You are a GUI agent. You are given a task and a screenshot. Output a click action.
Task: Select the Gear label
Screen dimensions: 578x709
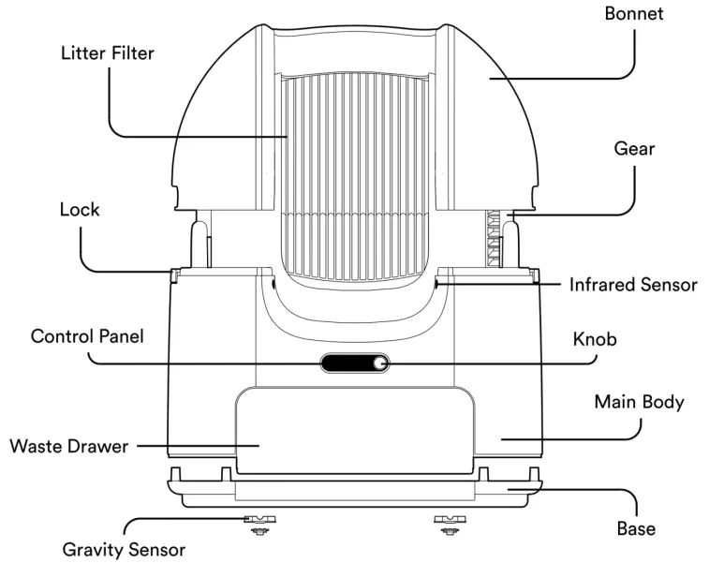click(634, 149)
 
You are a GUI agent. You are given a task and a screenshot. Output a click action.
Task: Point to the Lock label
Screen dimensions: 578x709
click(80, 210)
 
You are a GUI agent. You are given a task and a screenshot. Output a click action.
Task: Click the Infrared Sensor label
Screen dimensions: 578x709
click(633, 285)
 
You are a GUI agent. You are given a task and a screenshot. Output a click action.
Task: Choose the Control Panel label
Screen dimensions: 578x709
click(87, 335)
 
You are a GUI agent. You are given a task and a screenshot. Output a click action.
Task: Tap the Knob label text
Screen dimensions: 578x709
click(595, 339)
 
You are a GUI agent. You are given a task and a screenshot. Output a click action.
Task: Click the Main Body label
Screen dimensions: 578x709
click(640, 403)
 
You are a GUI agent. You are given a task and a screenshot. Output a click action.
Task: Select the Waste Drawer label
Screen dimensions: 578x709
click(68, 446)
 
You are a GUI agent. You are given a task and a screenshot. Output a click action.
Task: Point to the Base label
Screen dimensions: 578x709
click(636, 528)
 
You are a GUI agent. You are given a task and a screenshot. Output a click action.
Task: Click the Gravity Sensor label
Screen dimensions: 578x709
click(124, 550)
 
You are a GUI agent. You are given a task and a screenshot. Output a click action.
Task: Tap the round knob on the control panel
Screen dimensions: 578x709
click(380, 363)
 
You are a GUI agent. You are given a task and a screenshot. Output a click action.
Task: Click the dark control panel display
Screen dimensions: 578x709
click(347, 363)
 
